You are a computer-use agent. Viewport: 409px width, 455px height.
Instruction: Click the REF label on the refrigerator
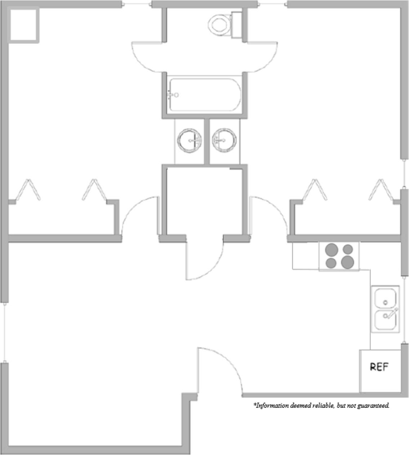tap(379, 367)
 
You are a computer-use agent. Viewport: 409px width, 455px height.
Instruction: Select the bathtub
tap(204, 95)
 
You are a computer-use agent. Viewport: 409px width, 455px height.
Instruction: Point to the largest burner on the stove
tap(347, 262)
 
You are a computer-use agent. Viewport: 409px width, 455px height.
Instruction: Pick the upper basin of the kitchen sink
tap(385, 298)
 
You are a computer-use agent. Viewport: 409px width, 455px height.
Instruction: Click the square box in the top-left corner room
tap(23, 25)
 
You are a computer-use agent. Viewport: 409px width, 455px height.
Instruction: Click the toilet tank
tap(236, 24)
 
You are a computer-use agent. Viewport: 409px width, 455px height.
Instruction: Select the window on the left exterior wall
tap(4, 332)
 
